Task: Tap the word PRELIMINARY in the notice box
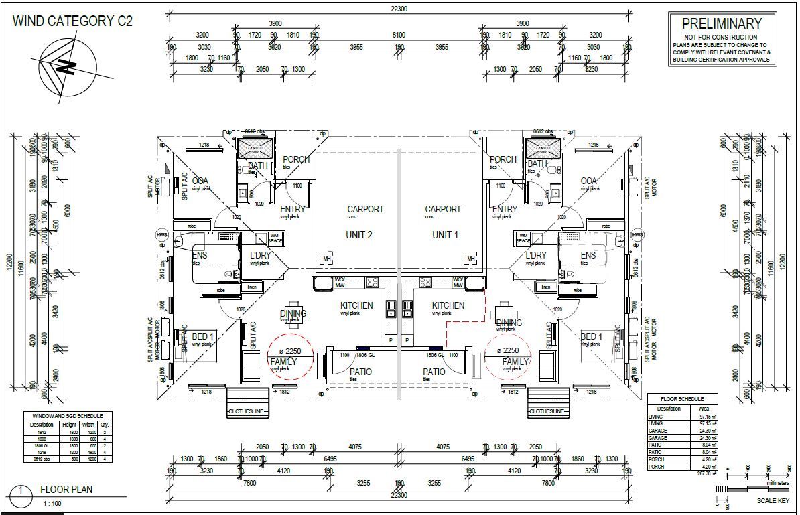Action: coord(722,24)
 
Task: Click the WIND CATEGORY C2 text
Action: coord(72,21)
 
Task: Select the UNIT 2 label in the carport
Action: coord(358,235)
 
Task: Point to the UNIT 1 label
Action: coord(442,235)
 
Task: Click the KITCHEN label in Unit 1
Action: coord(448,305)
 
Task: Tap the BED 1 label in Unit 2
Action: coord(203,336)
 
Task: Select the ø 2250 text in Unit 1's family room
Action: coord(507,350)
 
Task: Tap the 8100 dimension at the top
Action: coord(399,34)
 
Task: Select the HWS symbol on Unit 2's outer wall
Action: coord(161,235)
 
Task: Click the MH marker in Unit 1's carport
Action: coord(470,259)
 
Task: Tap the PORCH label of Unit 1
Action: coord(503,159)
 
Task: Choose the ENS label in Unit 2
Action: coord(200,255)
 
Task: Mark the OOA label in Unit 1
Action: coord(588,181)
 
